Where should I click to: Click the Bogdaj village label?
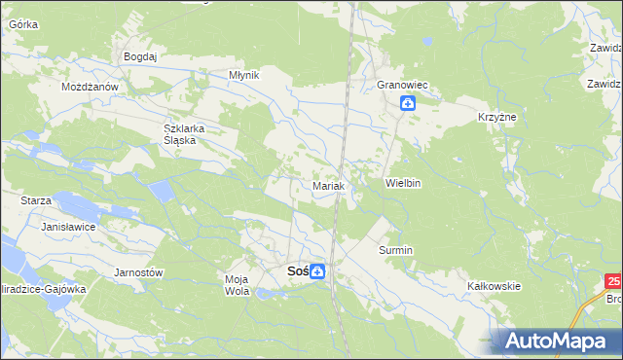click(140, 56)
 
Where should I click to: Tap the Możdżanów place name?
click(90, 87)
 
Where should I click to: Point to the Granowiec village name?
click(404, 86)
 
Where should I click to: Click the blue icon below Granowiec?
click(408, 103)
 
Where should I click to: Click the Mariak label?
click(329, 185)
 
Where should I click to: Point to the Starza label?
click(36, 199)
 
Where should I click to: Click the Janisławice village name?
click(66, 226)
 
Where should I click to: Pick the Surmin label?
click(396, 250)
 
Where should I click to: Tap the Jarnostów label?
click(138, 272)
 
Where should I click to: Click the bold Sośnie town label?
click(298, 271)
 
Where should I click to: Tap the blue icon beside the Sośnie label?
click(318, 272)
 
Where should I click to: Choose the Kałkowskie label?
click(495, 286)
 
